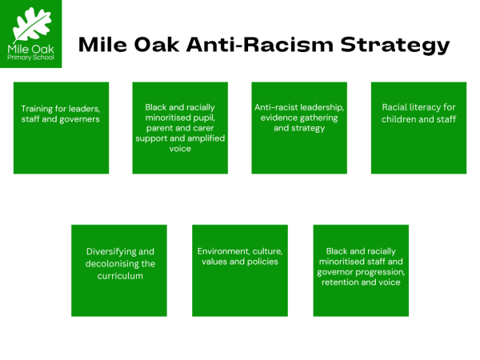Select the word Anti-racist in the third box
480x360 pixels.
(276, 106)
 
